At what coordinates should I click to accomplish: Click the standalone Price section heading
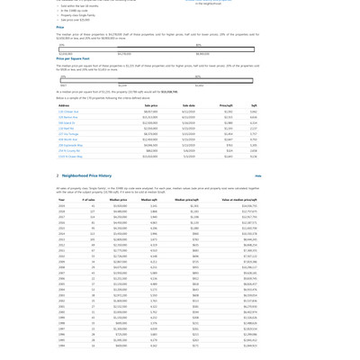[x=60, y=27]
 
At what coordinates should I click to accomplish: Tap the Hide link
[x=258, y=176]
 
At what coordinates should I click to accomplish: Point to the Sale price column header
[x=151, y=105]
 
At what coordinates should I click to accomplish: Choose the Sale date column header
[x=188, y=105]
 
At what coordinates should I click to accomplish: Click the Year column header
[x=62, y=200]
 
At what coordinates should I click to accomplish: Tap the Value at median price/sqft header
[x=240, y=200]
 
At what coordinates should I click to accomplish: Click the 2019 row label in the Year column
[x=62, y=211]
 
